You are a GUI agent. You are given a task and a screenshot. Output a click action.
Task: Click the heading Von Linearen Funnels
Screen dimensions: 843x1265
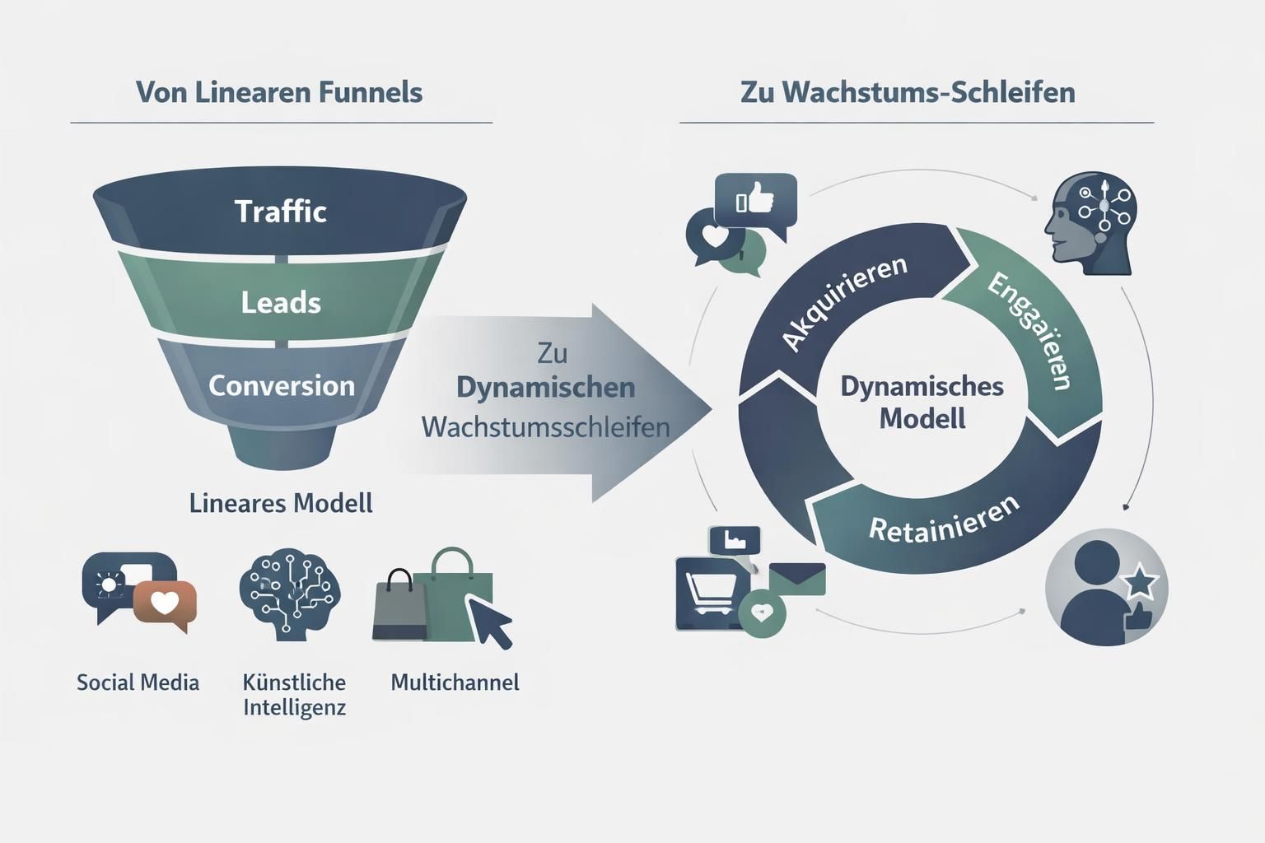click(279, 92)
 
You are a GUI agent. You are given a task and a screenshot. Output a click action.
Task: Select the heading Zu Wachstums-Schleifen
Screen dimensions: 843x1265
click(908, 92)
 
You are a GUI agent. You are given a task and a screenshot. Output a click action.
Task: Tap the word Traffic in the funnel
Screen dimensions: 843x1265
click(281, 212)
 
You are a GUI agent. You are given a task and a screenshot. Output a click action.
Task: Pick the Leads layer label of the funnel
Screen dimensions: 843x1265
click(281, 303)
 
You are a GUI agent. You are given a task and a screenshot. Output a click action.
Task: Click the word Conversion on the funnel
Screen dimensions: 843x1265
click(281, 385)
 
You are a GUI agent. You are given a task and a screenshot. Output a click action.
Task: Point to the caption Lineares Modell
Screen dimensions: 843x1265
click(281, 503)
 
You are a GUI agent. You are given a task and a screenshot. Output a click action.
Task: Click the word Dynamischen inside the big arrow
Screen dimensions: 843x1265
click(545, 388)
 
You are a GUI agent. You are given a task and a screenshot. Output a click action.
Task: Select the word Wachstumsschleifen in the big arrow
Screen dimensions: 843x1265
click(545, 427)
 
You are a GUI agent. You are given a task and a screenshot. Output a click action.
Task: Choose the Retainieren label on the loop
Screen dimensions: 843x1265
click(945, 520)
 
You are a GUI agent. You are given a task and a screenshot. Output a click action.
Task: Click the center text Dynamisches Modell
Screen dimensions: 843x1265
click(922, 403)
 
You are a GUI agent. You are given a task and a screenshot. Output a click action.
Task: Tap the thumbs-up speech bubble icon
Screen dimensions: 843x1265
click(756, 200)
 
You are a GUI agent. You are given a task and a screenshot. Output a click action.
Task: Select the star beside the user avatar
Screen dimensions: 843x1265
click(1141, 583)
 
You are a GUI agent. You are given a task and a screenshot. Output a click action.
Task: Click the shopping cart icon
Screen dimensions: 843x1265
click(709, 593)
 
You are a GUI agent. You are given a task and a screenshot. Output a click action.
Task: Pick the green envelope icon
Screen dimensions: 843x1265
click(797, 579)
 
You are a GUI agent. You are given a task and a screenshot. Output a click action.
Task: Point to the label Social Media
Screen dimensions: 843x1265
click(138, 682)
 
